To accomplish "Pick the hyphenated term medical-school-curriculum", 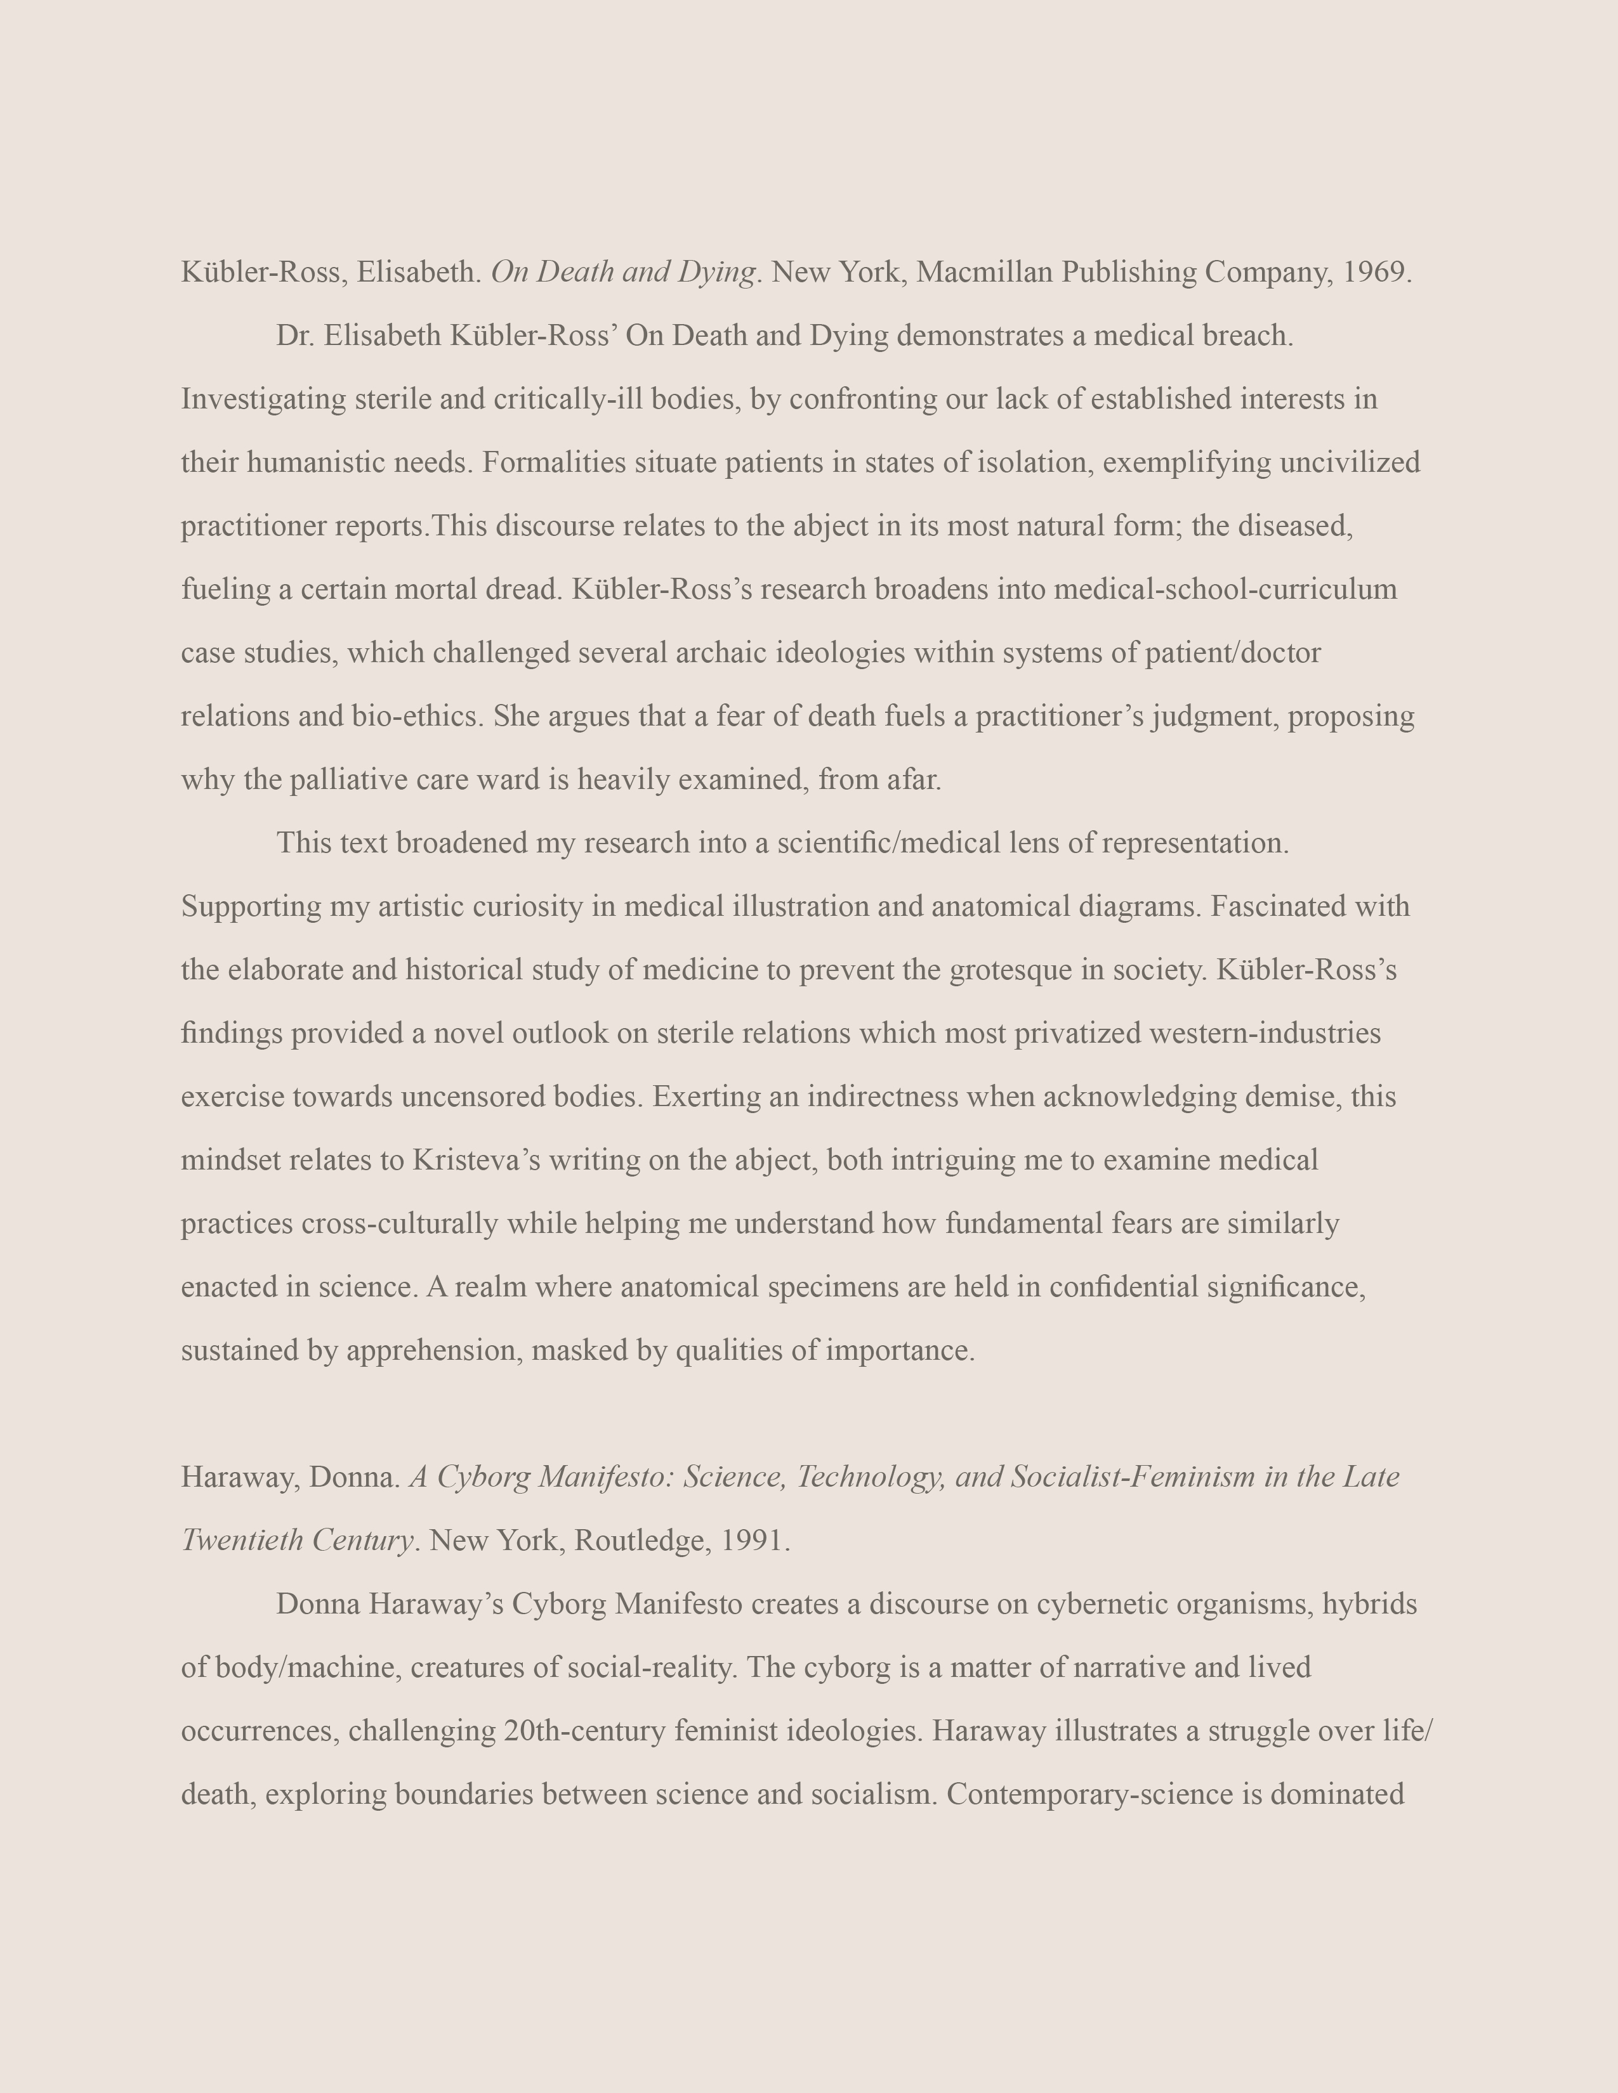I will pyautogui.click(x=1225, y=589).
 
